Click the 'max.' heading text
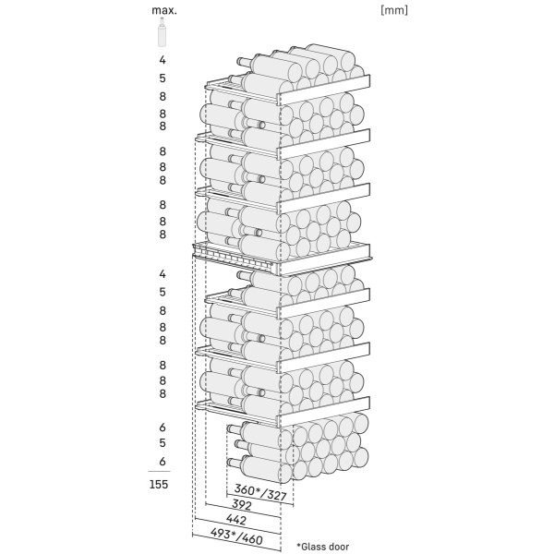[163, 10]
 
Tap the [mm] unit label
[393, 10]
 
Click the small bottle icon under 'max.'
[163, 33]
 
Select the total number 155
[162, 486]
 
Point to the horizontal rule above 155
[162, 472]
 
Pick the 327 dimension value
[275, 495]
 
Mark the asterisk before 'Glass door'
[299, 546]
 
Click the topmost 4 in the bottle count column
[163, 60]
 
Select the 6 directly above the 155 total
[163, 461]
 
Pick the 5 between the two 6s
[163, 443]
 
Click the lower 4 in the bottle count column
[163, 274]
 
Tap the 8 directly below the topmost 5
[163, 96]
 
